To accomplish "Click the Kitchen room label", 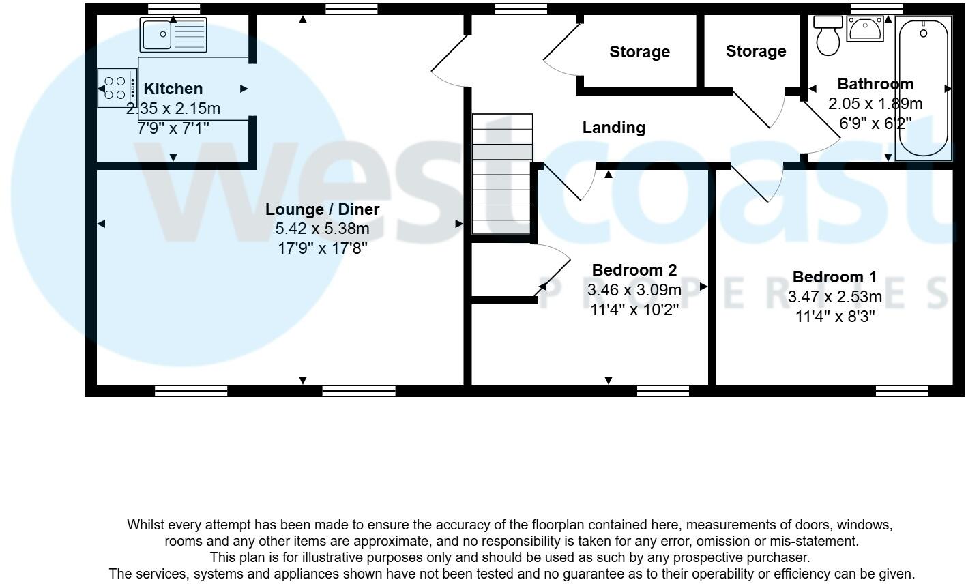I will [x=173, y=89].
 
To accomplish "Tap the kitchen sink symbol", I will [x=173, y=35].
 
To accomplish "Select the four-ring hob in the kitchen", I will [x=117, y=88].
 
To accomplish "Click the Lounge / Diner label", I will [x=322, y=209].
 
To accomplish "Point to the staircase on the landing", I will [x=502, y=175].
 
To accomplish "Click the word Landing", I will [x=613, y=128].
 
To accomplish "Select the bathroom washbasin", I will [x=865, y=29].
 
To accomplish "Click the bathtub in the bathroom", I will [x=923, y=88].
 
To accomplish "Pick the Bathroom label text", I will [x=875, y=84].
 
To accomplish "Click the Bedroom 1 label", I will [x=834, y=277].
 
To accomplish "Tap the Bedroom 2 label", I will [x=634, y=270].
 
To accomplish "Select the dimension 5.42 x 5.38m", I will [x=322, y=229].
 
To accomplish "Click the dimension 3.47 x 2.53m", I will [x=834, y=297].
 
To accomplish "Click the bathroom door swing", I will [x=819, y=130].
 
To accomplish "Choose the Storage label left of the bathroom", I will [x=755, y=51].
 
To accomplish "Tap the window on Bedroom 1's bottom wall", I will [x=901, y=391].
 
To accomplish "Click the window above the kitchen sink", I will [x=174, y=9].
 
